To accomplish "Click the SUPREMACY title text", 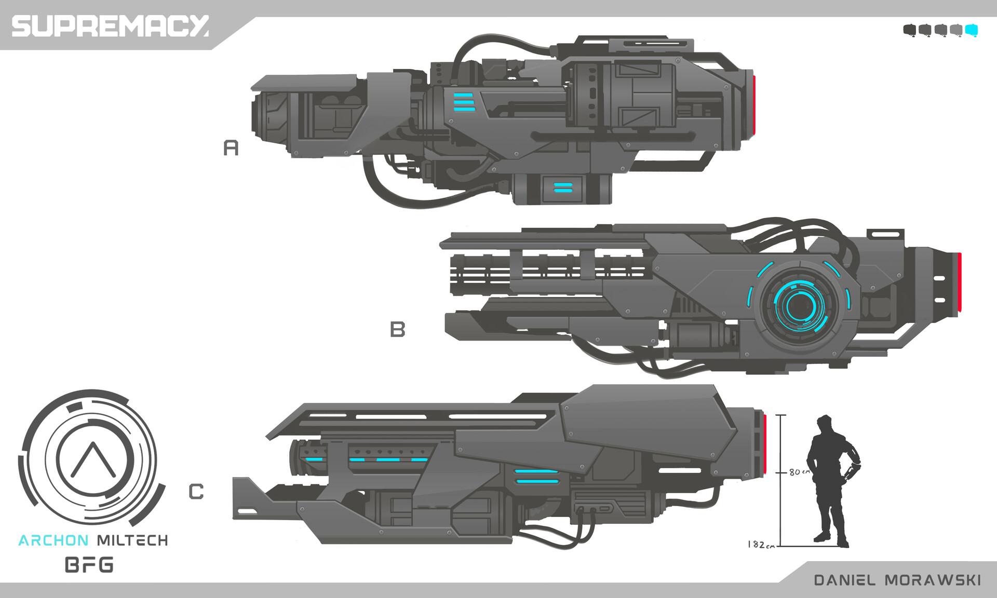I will [110, 26].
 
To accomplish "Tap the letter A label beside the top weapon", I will [231, 148].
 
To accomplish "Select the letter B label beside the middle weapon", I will [397, 329].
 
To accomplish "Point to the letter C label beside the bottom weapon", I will [196, 491].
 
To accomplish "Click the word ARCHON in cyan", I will [53, 540].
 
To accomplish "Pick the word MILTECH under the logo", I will [132, 540].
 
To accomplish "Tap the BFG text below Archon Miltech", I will [89, 565].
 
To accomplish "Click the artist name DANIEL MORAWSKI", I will [897, 580].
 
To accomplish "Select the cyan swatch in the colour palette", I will [971, 30].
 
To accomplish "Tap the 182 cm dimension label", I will [760, 545].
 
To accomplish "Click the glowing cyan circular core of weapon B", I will [799, 306].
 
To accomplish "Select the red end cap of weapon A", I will [753, 105].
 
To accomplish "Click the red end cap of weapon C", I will [765, 444].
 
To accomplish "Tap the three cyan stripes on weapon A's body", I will [464, 102].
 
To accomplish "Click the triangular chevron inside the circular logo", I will [93, 460].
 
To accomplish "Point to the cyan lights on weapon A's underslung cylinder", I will [563, 187].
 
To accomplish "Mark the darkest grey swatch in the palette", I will [909, 30].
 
